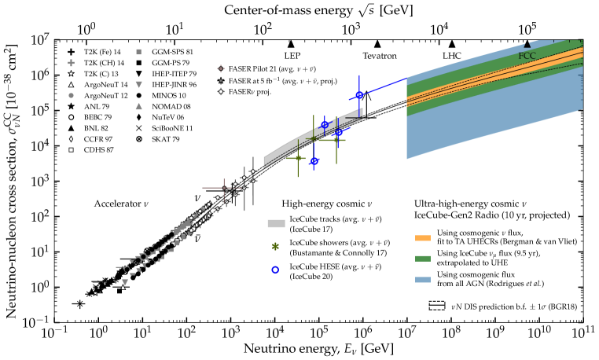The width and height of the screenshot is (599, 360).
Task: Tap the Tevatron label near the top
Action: click(379, 57)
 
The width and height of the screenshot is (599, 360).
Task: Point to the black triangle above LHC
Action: click(451, 44)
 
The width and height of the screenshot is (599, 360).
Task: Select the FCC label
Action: click(527, 57)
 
